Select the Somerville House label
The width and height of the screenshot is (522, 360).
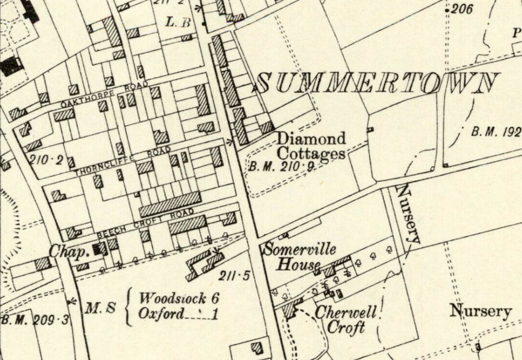(300, 256)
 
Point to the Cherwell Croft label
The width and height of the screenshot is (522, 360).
(346, 320)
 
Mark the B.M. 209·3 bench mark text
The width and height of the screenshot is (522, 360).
(34, 319)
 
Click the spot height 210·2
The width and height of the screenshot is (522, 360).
(46, 160)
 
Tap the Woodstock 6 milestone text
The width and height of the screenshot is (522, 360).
(178, 299)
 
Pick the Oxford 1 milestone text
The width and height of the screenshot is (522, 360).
(178, 314)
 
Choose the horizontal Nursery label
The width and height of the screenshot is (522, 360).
(480, 311)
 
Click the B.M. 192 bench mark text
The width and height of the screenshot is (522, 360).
(496, 131)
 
